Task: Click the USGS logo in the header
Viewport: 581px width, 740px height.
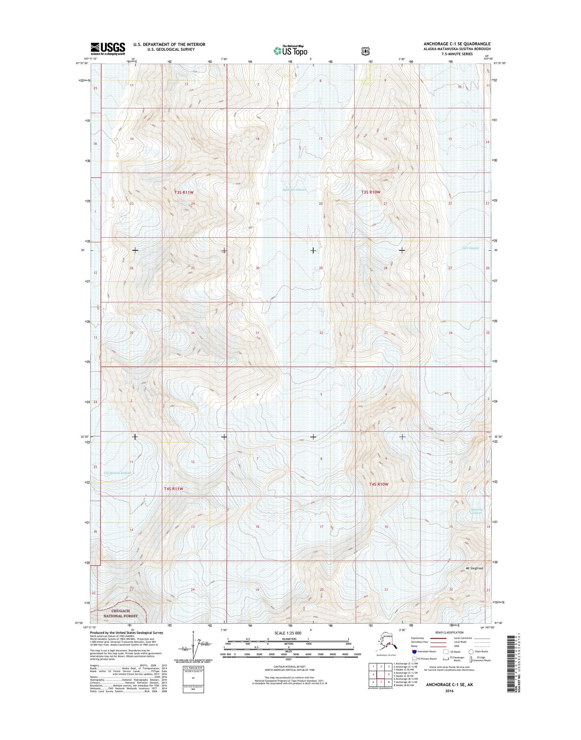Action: (x=108, y=49)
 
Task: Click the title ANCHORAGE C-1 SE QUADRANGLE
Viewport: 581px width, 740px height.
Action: (x=456, y=44)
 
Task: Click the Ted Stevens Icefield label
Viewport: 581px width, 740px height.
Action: (x=117, y=473)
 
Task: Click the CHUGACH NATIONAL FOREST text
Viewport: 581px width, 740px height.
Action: (x=121, y=613)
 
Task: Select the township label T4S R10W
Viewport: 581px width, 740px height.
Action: (x=379, y=484)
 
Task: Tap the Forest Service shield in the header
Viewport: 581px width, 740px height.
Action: (x=365, y=51)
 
